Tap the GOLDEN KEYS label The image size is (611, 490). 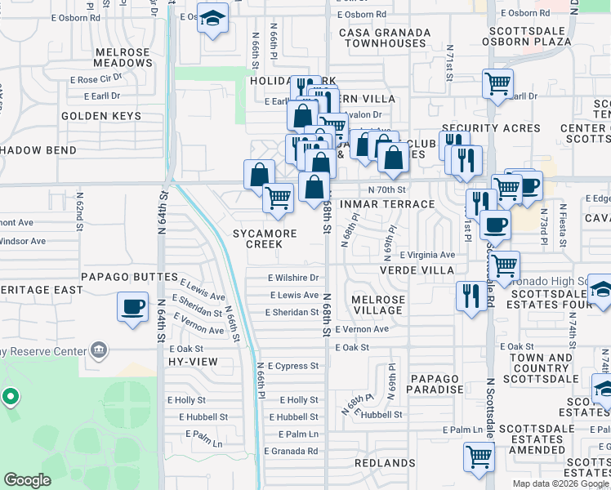(x=101, y=116)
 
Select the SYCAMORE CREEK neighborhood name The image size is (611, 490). (x=264, y=238)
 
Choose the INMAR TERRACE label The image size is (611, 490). (x=395, y=204)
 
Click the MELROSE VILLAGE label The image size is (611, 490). (x=377, y=305)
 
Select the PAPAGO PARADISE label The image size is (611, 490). (x=436, y=384)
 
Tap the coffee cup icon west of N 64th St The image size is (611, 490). (x=132, y=307)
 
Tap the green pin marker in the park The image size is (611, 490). (x=10, y=397)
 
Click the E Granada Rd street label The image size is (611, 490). (x=291, y=451)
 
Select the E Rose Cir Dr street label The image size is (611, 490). (x=96, y=80)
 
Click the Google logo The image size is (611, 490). (x=27, y=480)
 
